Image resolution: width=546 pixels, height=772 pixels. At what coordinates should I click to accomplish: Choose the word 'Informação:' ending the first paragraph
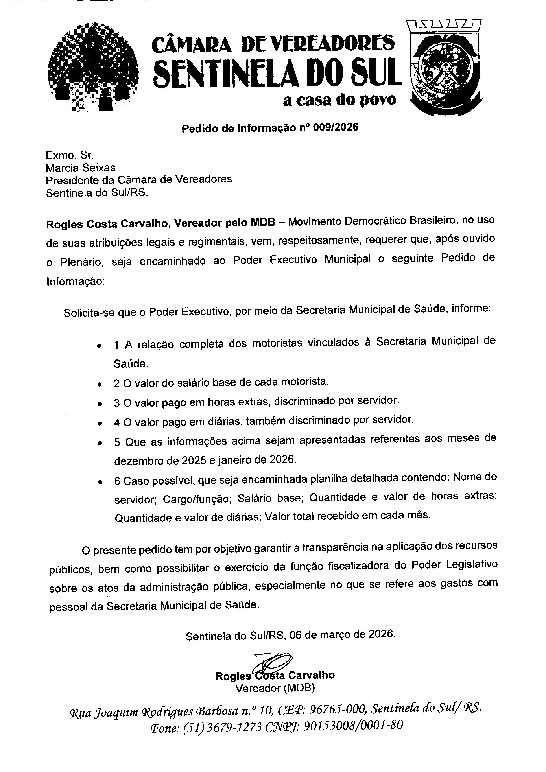click(76, 281)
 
